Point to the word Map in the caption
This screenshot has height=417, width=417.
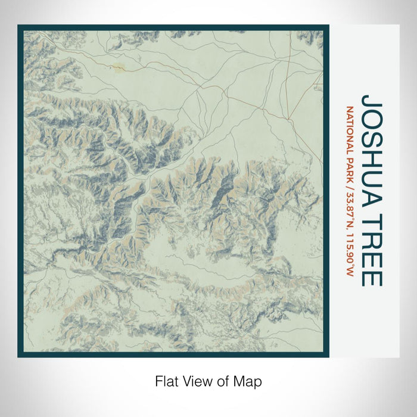click(249, 381)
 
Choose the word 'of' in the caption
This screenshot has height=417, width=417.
click(225, 381)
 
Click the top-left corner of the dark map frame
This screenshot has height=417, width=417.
click(18, 26)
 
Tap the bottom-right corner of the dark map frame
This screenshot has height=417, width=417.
click(328, 356)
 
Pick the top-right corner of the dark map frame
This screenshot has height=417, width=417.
click(328, 26)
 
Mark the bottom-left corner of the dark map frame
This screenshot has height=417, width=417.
click(18, 356)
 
